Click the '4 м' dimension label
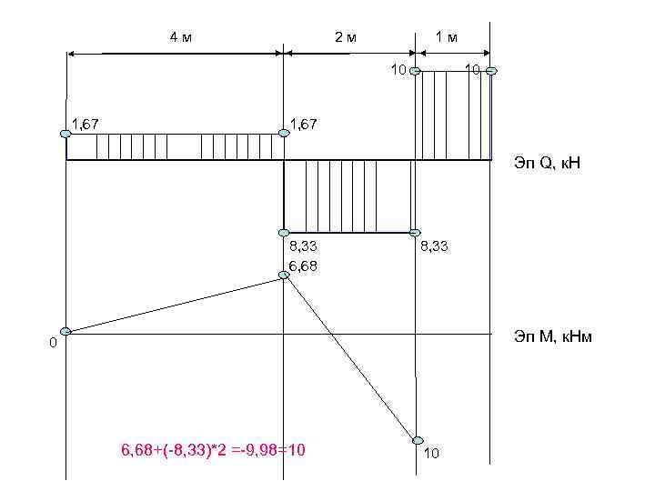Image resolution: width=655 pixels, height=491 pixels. tap(181, 37)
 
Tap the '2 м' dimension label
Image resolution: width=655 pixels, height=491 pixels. tap(346, 37)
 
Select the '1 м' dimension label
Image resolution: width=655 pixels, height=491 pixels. tap(447, 37)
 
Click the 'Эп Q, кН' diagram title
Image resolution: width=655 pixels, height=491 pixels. tap(548, 162)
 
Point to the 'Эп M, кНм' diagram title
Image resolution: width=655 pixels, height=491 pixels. tap(553, 336)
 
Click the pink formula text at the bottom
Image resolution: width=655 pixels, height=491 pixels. tap(213, 450)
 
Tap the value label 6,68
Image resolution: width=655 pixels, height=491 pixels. tap(303, 266)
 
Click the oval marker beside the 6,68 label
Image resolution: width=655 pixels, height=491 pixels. tap(284, 275)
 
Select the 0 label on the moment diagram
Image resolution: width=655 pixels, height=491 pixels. tap(53, 343)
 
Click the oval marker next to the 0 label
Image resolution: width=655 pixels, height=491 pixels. tap(65, 332)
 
